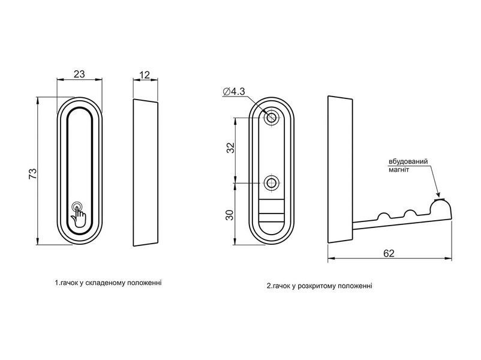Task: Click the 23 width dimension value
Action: (x=79, y=74)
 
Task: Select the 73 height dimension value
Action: (x=32, y=174)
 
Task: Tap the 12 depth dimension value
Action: (x=145, y=75)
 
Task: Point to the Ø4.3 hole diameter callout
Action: (x=234, y=91)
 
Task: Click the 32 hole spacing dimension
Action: (x=230, y=148)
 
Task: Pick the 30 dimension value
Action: (x=230, y=215)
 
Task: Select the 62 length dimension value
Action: (x=389, y=253)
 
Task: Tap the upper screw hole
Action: (x=271, y=116)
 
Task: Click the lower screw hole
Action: (x=271, y=183)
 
